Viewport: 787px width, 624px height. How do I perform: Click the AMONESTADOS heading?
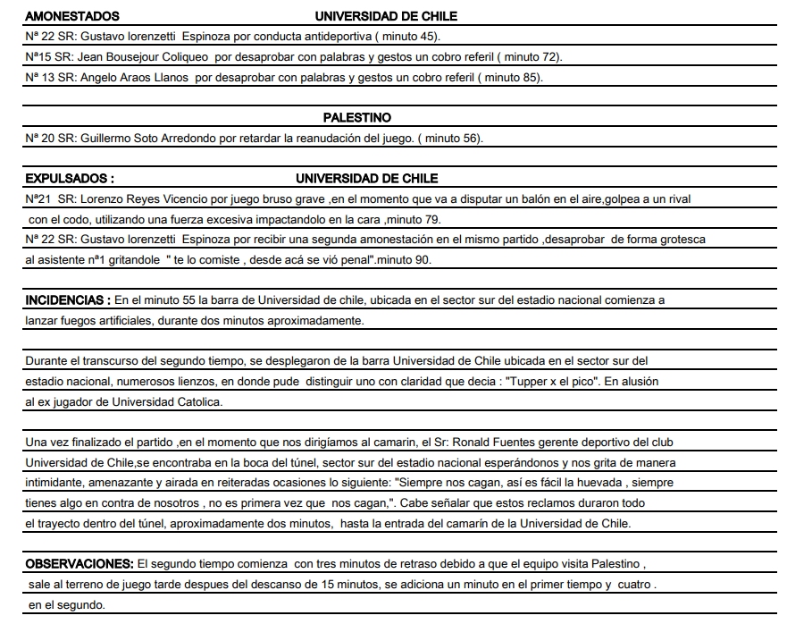click(71, 16)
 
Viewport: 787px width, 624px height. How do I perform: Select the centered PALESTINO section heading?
click(356, 117)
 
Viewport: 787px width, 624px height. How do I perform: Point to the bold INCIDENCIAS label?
click(67, 300)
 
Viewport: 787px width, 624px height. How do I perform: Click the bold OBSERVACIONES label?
click(79, 565)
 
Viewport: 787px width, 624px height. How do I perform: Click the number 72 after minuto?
click(550, 57)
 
